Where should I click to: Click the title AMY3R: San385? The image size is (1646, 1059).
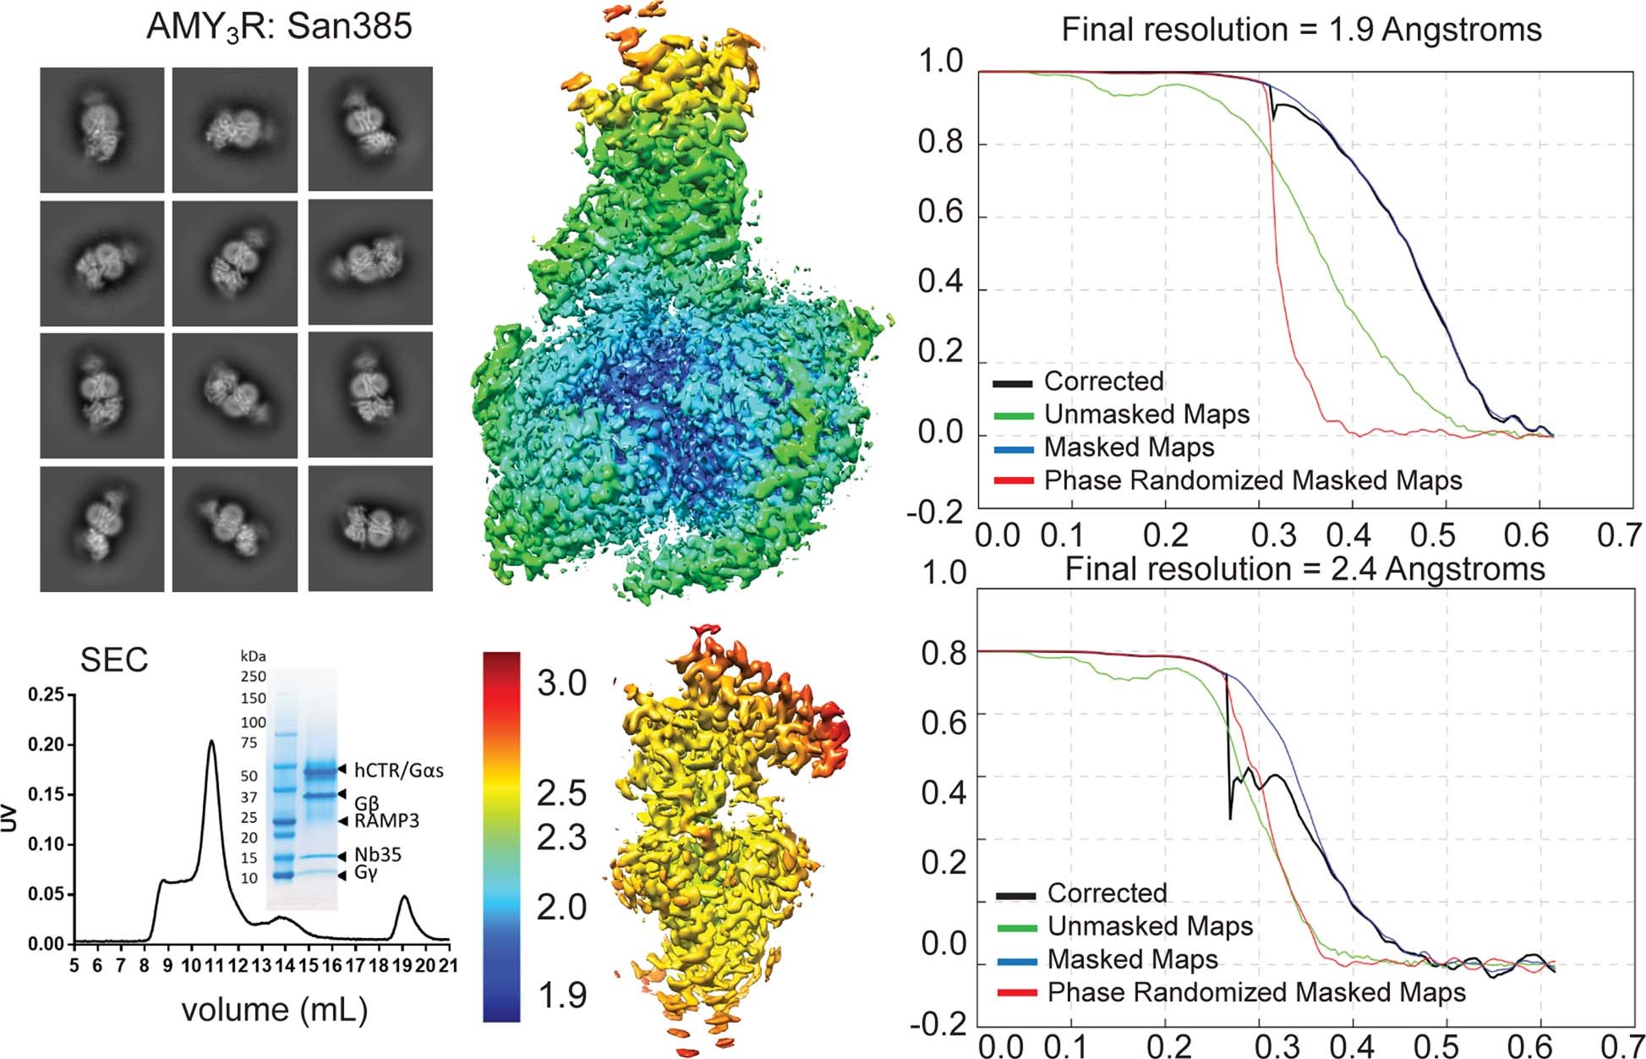[279, 27]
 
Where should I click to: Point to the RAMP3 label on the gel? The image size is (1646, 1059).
[386, 820]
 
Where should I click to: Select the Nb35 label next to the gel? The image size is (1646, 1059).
[378, 855]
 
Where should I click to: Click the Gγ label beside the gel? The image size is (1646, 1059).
[365, 873]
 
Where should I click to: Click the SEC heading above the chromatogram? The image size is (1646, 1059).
[114, 661]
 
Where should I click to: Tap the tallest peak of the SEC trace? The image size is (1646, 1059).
[211, 742]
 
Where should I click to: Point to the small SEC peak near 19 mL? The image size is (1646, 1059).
[405, 898]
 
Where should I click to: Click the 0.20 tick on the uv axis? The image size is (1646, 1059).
[46, 745]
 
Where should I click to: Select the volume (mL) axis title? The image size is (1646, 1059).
[275, 1009]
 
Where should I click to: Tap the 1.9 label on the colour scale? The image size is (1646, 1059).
[561, 996]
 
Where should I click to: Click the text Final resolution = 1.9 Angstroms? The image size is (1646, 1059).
[1301, 30]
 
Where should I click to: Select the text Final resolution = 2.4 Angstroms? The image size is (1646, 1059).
[1304, 569]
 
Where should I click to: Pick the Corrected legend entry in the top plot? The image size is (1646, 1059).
[1103, 381]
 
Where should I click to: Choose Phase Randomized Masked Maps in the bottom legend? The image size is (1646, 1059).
[1256, 992]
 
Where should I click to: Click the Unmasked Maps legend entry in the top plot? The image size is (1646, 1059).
[1146, 414]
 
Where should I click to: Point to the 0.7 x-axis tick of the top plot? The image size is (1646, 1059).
[1618, 535]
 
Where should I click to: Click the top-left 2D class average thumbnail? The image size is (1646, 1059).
[101, 129]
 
